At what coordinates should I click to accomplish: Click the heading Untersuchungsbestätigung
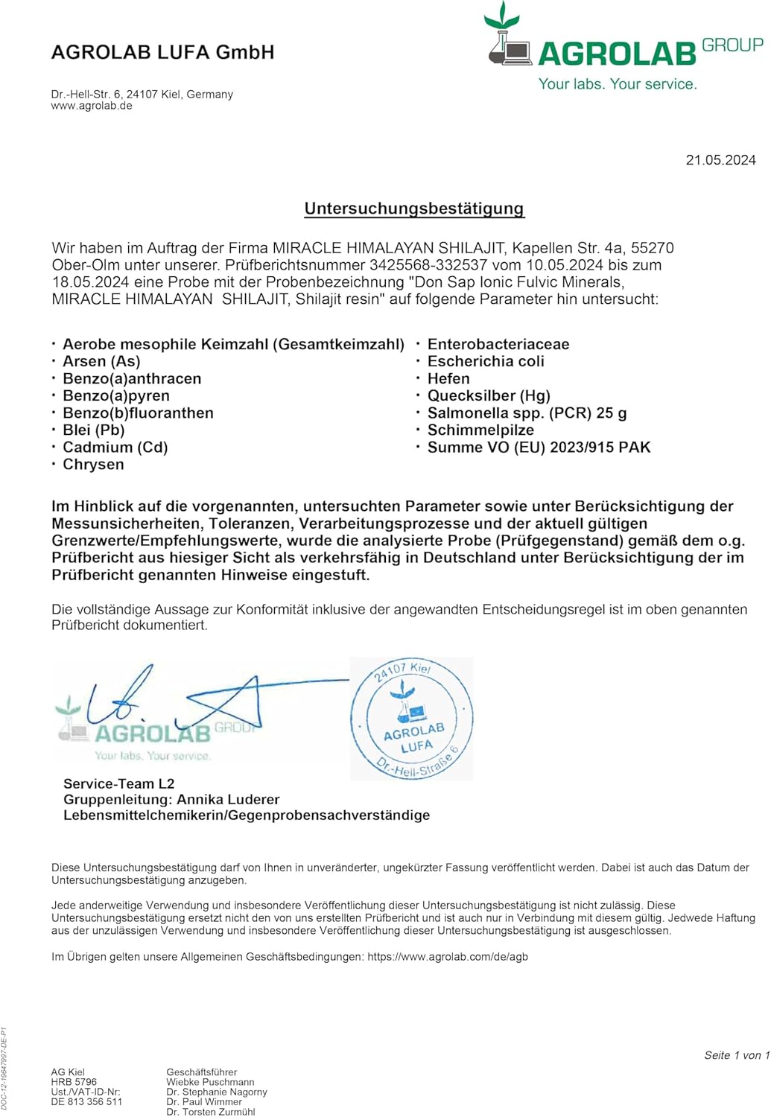click(x=414, y=209)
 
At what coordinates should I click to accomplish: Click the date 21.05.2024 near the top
click(x=720, y=160)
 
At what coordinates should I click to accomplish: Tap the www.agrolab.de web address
click(x=92, y=106)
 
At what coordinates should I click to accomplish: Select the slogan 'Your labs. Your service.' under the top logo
click(x=618, y=84)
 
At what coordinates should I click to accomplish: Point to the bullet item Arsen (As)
click(x=101, y=361)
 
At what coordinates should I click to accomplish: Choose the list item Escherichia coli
click(x=486, y=361)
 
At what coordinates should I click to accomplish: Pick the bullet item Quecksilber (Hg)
click(x=489, y=395)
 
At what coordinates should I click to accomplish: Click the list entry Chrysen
click(x=93, y=464)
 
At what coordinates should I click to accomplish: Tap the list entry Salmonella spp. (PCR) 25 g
click(x=527, y=413)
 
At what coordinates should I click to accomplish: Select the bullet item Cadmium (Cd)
click(x=115, y=447)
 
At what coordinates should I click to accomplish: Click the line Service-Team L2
click(x=119, y=783)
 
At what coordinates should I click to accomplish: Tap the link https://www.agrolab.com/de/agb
click(x=448, y=957)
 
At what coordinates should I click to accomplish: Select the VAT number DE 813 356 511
click(x=86, y=1102)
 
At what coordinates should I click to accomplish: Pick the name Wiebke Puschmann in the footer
click(x=210, y=1082)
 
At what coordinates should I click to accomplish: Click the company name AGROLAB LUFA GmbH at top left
click(x=162, y=52)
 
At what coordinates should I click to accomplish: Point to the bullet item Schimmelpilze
click(x=480, y=430)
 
